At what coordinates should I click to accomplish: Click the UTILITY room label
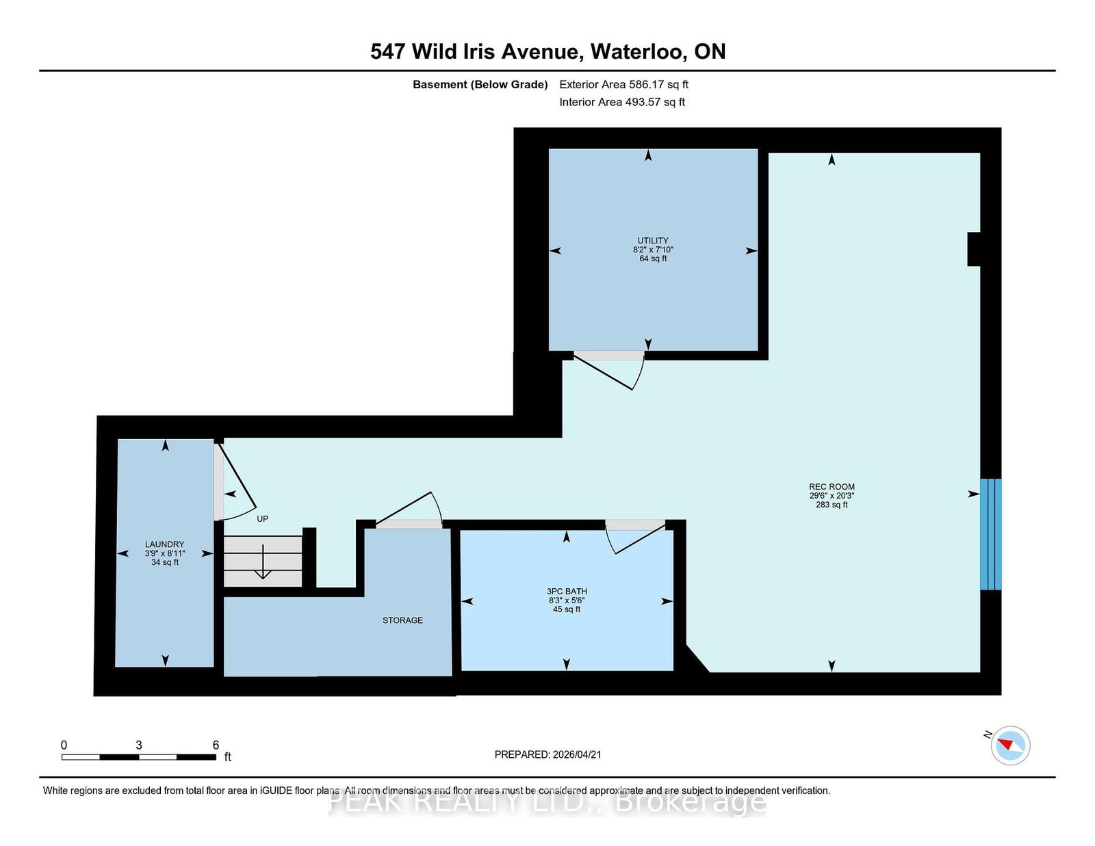tap(653, 241)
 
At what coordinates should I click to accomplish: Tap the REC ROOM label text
tap(832, 487)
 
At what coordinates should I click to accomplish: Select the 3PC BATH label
tap(567, 592)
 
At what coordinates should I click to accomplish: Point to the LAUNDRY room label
tap(164, 544)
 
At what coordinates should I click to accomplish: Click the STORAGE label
tap(402, 620)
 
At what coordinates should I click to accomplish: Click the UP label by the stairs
tap(262, 519)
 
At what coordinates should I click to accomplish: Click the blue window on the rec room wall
tap(990, 534)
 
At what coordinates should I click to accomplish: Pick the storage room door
tap(411, 510)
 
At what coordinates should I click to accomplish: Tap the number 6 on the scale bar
tap(216, 745)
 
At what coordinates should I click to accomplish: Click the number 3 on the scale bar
tap(139, 745)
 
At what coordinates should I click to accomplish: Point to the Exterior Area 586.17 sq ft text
tap(623, 85)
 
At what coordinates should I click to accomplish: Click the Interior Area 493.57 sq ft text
tap(622, 102)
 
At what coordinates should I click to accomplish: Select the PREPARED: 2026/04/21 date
tap(547, 754)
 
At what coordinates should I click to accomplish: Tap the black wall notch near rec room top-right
tap(974, 249)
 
